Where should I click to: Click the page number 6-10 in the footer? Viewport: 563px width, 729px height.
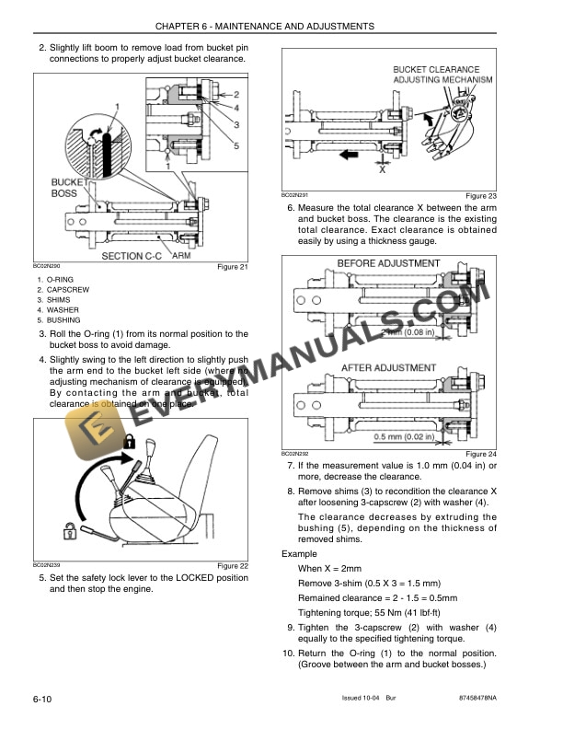coord(41,700)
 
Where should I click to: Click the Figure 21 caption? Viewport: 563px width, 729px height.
coord(232,268)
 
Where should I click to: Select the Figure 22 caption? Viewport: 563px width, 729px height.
coord(232,565)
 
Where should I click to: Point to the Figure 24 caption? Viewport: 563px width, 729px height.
coord(480,455)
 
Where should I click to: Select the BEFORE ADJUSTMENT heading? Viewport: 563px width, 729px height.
coord(387,264)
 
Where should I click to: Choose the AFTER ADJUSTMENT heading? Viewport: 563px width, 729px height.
coord(388,367)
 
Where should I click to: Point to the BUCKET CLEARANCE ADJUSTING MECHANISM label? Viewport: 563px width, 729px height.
coord(436,75)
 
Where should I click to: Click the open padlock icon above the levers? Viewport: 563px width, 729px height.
coord(129,444)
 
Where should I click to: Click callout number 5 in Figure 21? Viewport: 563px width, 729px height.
coord(236,145)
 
